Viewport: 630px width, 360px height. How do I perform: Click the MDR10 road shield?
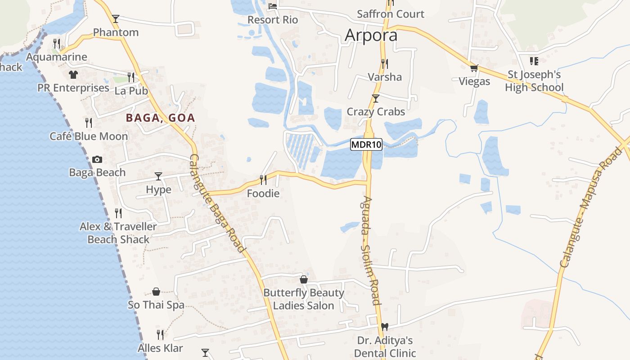[x=366, y=145]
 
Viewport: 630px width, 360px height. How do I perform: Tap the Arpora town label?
[x=371, y=36]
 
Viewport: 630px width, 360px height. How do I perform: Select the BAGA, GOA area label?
[x=160, y=118]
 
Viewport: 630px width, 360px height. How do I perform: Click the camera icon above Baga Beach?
[x=97, y=159]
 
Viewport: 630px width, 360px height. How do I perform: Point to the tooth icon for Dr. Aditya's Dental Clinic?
[x=384, y=327]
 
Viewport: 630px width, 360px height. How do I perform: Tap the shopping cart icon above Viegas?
[x=473, y=68]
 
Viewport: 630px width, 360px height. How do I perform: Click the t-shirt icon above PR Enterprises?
[x=73, y=74]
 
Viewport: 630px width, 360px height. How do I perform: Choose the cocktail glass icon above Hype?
[x=158, y=176]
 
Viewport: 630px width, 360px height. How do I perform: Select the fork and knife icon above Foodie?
[x=263, y=180]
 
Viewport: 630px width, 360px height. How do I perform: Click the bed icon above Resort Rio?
[x=273, y=6]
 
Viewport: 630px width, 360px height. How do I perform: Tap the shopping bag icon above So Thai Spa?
[x=156, y=292]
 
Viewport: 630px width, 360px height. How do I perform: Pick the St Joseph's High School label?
[x=534, y=81]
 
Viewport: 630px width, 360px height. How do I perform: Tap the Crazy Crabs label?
[x=376, y=112]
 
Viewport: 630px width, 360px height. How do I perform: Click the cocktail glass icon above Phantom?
[x=116, y=19]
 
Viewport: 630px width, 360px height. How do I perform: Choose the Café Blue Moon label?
[x=89, y=136]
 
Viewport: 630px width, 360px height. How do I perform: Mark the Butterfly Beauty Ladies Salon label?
[x=304, y=299]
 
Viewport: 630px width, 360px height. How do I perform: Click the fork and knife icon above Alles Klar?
[x=160, y=335]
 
